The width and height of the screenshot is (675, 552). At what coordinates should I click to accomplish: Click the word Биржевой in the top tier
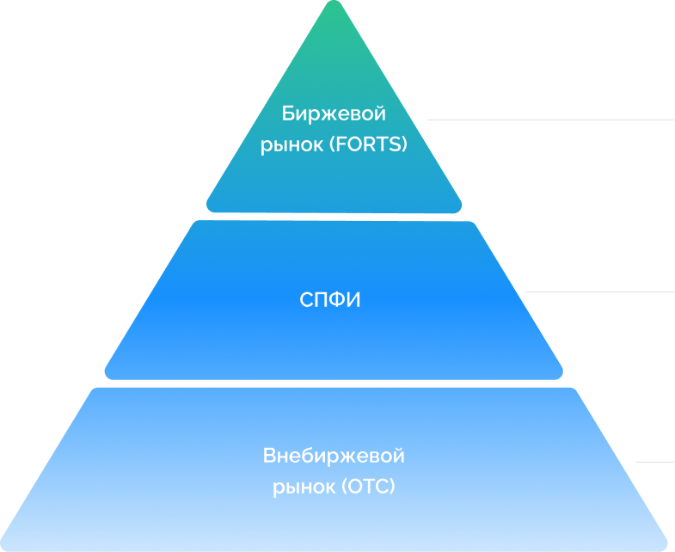(x=334, y=113)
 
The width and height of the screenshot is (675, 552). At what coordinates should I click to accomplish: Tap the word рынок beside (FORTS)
(x=291, y=145)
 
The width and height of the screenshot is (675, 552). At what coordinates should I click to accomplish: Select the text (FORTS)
(x=367, y=145)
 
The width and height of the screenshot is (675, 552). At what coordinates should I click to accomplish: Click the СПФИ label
(x=330, y=301)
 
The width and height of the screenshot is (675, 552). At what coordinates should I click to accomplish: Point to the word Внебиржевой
(x=334, y=456)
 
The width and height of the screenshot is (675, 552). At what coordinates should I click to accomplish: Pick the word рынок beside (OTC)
(x=304, y=488)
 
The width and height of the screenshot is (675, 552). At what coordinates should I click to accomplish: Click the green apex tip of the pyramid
(x=334, y=7)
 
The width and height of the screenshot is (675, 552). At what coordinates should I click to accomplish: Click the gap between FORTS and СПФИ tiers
(x=334, y=217)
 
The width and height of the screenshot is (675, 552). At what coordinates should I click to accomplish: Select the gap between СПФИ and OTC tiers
(x=334, y=383)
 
